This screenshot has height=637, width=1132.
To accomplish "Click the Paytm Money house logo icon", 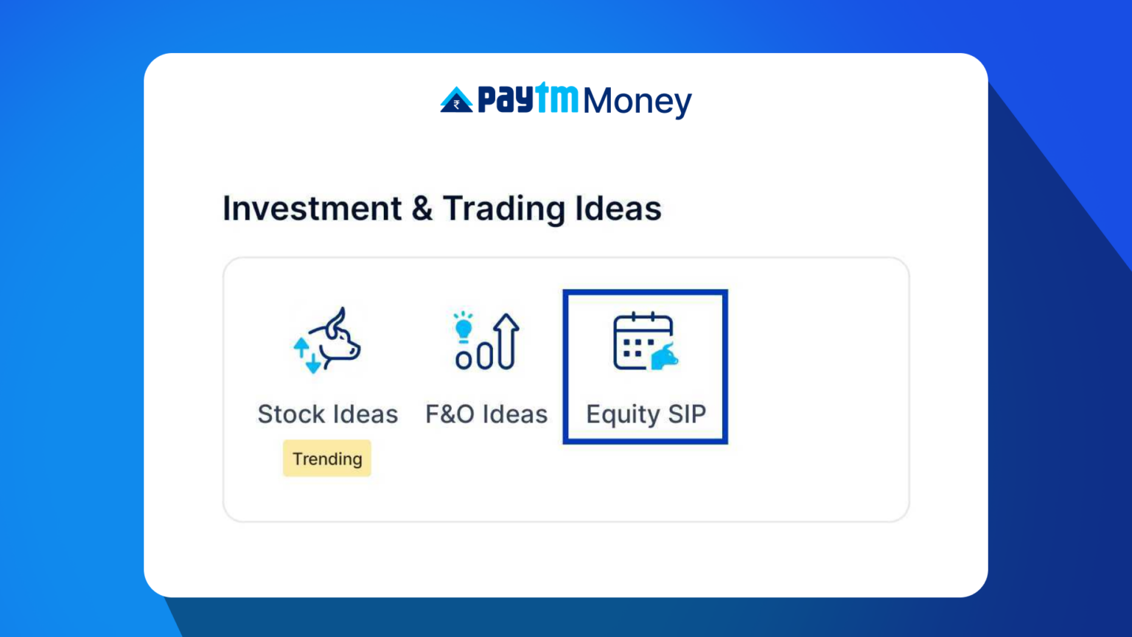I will coord(456,100).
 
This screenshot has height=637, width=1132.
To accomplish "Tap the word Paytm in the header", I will coord(528,99).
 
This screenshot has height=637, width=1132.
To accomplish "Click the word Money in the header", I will coord(637,102).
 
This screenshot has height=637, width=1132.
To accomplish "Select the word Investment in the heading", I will coord(312,209).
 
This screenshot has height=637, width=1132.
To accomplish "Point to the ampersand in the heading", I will coord(422,209).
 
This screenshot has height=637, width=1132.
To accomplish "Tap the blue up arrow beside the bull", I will coord(301,347).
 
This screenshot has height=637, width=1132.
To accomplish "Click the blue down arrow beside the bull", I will coord(314,363).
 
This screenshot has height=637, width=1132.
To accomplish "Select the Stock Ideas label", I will coord(327,414).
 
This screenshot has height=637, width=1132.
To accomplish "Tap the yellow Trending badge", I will coord(327,459).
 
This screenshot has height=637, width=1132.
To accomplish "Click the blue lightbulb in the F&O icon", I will coord(463,327).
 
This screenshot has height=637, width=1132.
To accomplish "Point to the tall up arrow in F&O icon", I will coord(506,341).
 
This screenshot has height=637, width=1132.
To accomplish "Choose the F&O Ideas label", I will coord(486,414).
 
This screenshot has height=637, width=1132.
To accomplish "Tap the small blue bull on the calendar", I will coord(665,357).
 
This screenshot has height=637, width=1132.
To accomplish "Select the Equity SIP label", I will coord(646,414).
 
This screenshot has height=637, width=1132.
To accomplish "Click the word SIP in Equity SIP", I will coord(687,414).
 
